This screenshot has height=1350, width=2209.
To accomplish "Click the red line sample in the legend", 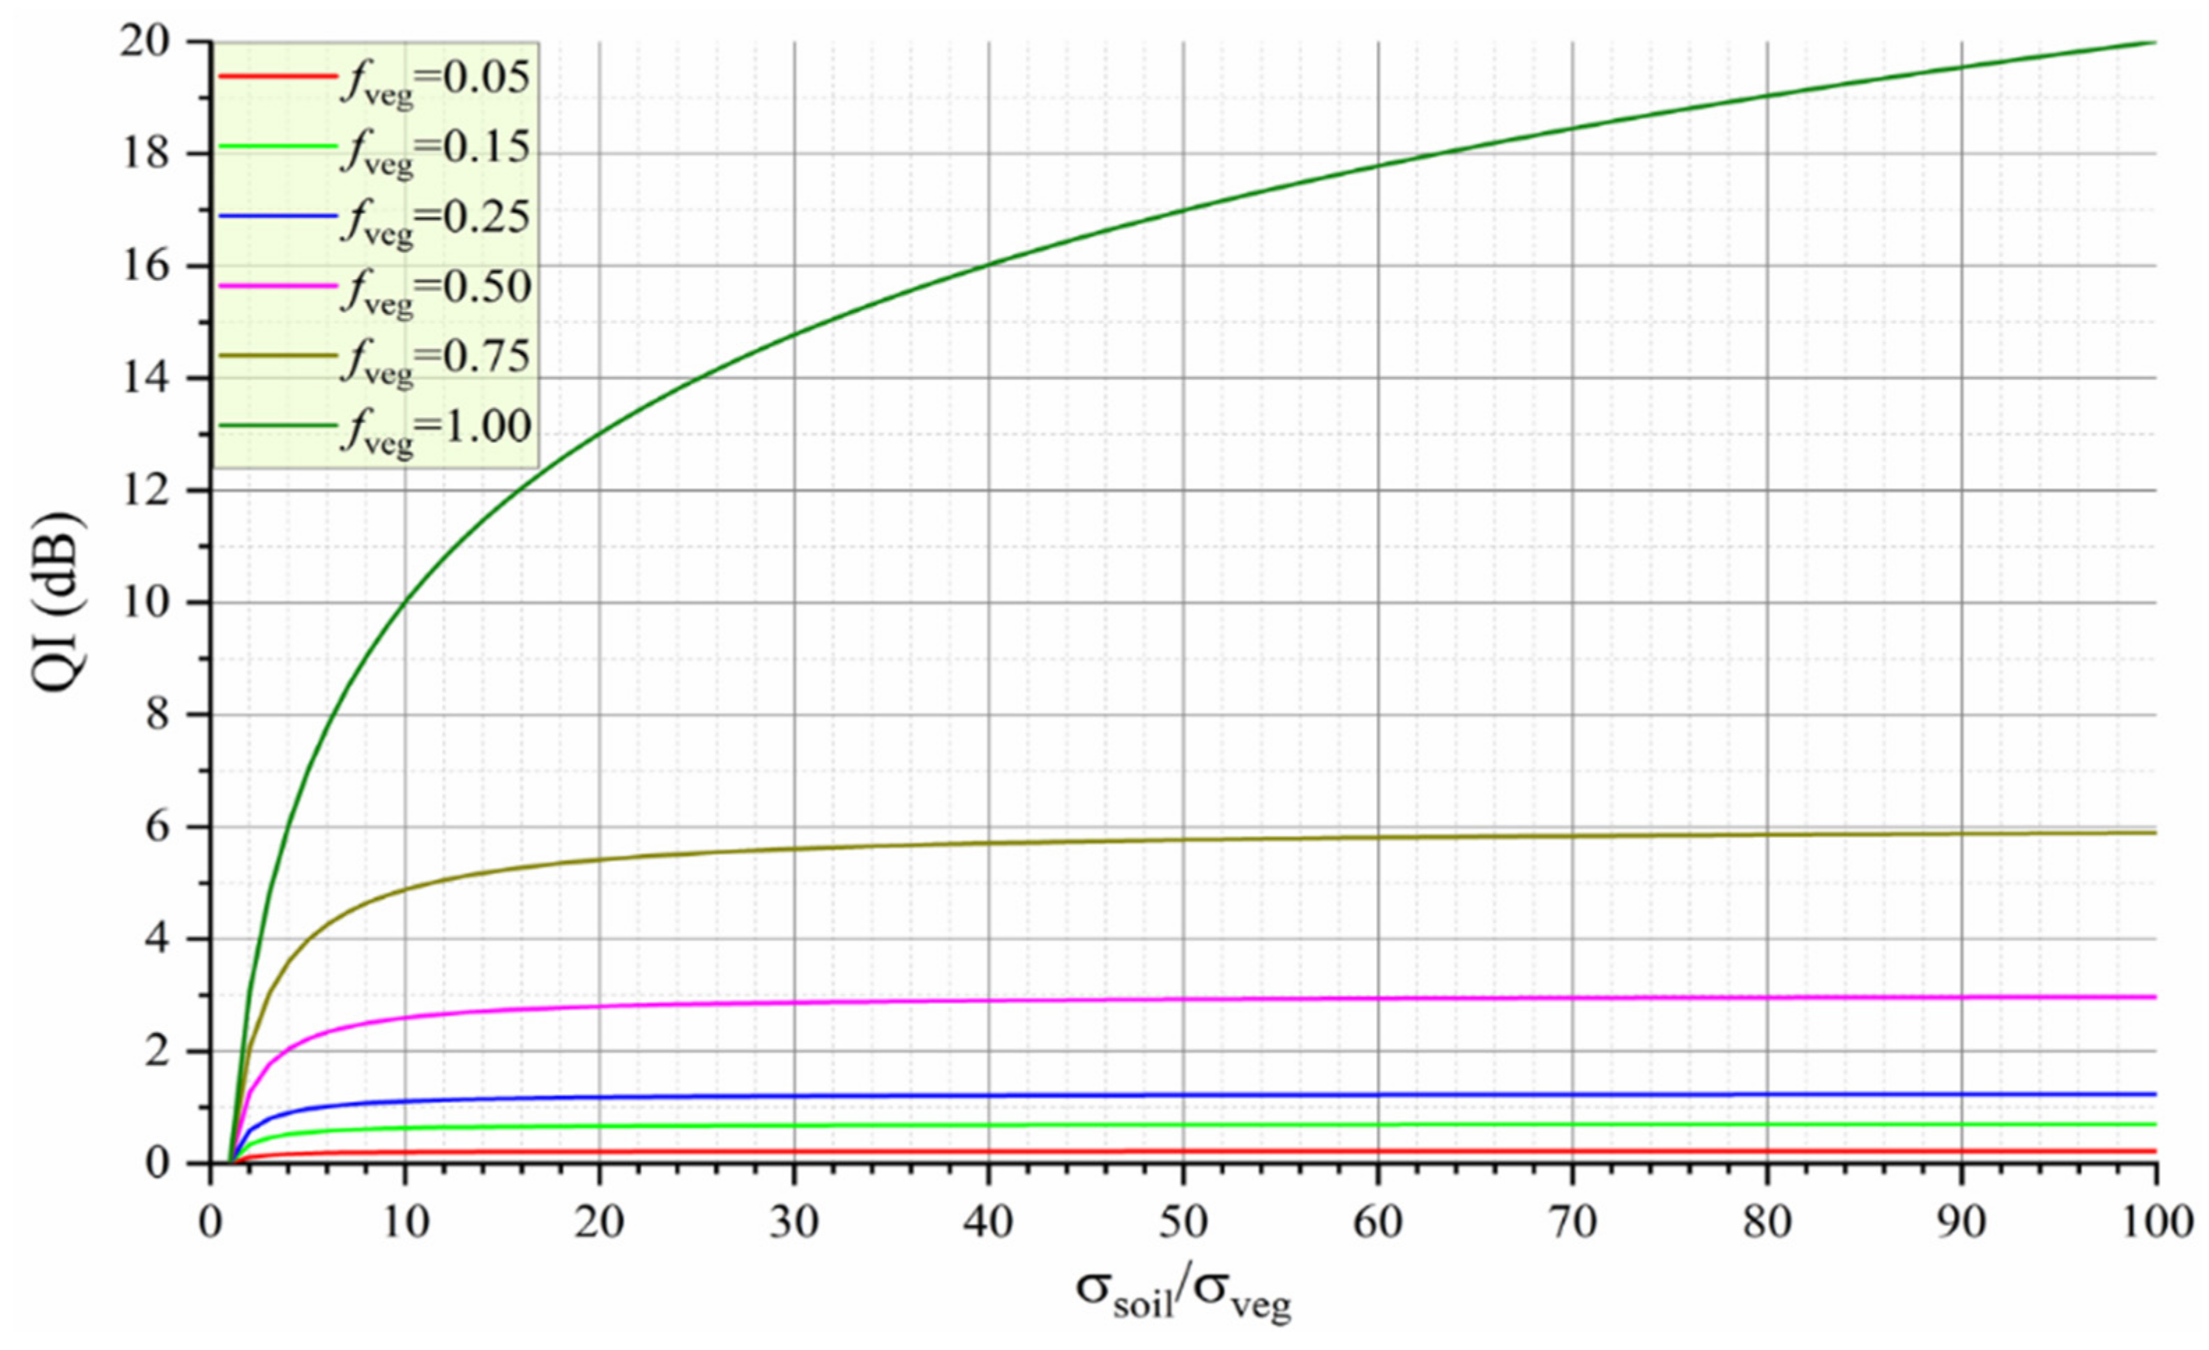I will (x=276, y=76).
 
